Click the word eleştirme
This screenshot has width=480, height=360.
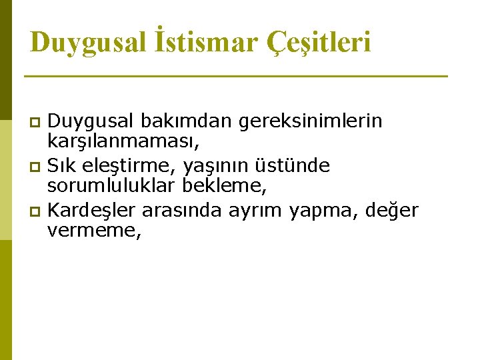pyautogui.click(x=129, y=165)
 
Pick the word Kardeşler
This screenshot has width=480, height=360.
pyautogui.click(x=93, y=211)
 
